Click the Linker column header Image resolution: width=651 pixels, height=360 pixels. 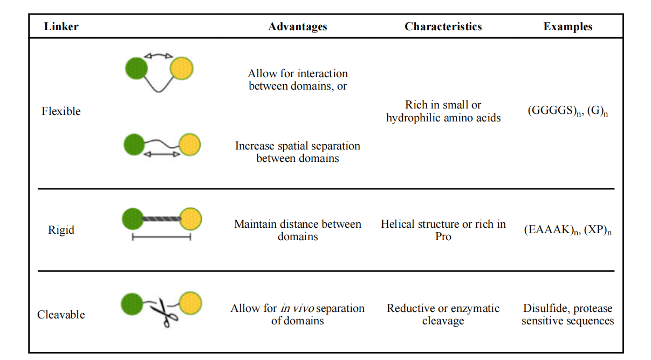tap(61, 26)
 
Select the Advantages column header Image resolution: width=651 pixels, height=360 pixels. tap(297, 26)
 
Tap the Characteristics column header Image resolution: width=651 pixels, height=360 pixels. tap(443, 26)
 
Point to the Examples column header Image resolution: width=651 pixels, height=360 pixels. tap(567, 26)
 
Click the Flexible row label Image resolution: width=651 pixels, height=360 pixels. tap(61, 111)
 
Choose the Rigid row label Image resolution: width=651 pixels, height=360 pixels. tap(61, 230)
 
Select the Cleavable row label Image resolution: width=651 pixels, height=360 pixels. tap(61, 315)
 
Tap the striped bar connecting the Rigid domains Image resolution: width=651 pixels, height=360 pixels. tap(161, 219)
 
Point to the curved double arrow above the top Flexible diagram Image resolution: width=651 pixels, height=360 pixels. tap(158, 55)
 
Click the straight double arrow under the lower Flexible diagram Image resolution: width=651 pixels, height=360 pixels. tap(162, 154)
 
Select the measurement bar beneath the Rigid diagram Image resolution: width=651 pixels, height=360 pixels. tap(161, 236)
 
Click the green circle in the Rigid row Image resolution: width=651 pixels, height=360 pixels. tap(132, 219)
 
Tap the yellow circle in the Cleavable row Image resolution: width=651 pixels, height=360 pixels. tap(190, 303)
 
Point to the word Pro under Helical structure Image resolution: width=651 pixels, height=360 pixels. tap(443, 236)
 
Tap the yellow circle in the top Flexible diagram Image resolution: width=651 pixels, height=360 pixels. tap(182, 69)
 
